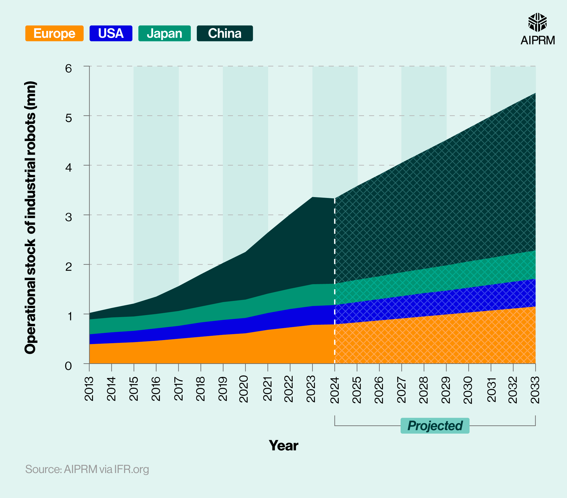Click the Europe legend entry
click(x=54, y=33)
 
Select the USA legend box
click(x=111, y=33)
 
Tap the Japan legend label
click(x=164, y=33)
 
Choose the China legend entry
click(x=225, y=33)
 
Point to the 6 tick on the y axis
click(x=69, y=68)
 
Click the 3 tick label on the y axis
click(x=69, y=217)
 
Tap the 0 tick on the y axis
click(x=69, y=366)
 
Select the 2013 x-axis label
click(x=89, y=389)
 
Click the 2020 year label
click(x=244, y=389)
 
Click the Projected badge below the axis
click(x=435, y=426)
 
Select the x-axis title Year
click(x=283, y=446)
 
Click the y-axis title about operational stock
click(x=30, y=218)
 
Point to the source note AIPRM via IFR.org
click(x=87, y=469)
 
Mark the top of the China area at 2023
click(x=312, y=197)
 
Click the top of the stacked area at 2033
click(x=535, y=93)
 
